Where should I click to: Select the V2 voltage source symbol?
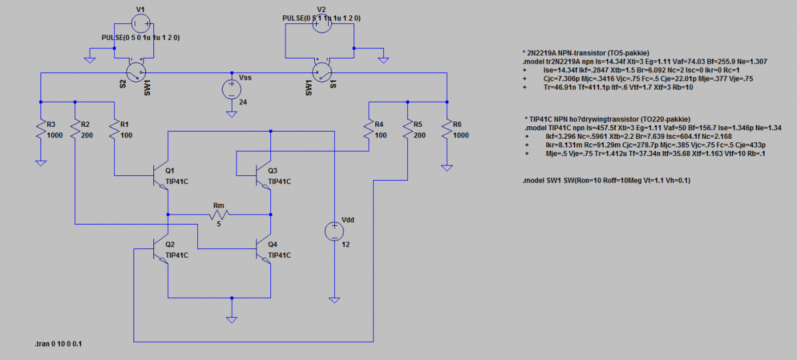[321, 25]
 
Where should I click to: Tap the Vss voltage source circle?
[231, 88]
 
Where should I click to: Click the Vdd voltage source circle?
[333, 231]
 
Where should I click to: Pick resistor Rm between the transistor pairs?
[219, 215]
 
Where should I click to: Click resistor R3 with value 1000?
[41, 130]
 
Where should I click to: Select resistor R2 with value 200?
[75, 130]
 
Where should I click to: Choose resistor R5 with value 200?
[406, 130]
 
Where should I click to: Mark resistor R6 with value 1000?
[446, 130]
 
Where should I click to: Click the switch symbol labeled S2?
[137, 73]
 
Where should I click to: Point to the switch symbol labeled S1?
[323, 73]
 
